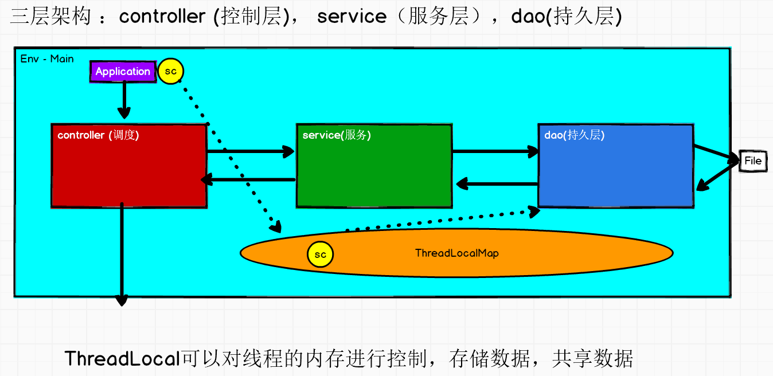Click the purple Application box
tap(123, 72)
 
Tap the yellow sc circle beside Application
tap(170, 72)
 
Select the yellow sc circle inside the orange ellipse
tap(320, 254)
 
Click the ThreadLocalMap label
tap(456, 253)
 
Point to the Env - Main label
tap(47, 58)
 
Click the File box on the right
tap(752, 160)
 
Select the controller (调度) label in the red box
tap(98, 135)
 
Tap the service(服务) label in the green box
tap(337, 135)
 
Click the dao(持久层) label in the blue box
tap(574, 135)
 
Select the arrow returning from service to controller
tap(249, 180)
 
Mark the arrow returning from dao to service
tap(497, 184)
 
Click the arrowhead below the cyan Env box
tap(122, 300)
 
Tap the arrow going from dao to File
tap(717, 153)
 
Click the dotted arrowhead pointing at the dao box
tap(534, 211)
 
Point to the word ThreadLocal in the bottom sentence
tap(123, 359)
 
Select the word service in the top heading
tap(352, 16)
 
